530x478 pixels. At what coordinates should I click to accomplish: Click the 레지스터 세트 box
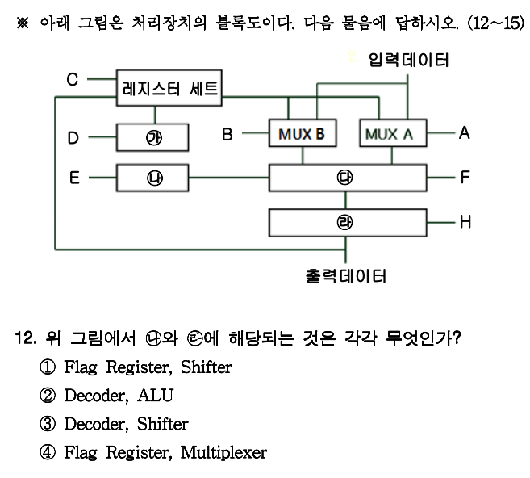click(x=169, y=87)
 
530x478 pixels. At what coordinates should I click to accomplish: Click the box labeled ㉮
click(x=153, y=137)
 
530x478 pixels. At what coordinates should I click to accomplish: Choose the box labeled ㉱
click(x=347, y=220)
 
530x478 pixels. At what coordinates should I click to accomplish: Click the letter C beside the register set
click(x=72, y=79)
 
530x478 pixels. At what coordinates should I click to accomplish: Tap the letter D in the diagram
click(x=73, y=138)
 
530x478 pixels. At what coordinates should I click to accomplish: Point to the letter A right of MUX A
click(x=464, y=133)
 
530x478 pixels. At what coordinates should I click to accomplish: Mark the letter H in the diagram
click(x=465, y=221)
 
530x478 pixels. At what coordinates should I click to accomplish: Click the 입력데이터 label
click(x=408, y=60)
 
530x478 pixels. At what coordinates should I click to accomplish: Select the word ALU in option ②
click(x=155, y=396)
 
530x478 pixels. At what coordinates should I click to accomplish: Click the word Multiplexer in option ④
click(x=223, y=452)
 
